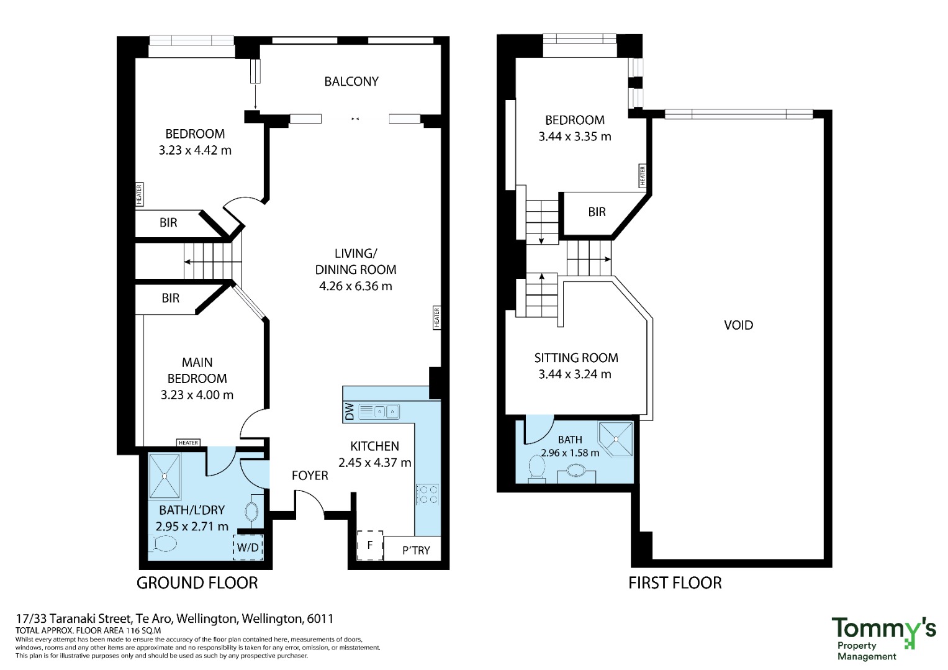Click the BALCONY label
click(x=351, y=81)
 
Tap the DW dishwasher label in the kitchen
click(x=350, y=412)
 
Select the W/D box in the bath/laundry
click(x=248, y=547)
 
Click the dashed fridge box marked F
click(x=370, y=545)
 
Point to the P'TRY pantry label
click(x=416, y=550)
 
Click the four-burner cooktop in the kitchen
click(x=428, y=494)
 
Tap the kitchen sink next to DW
click(x=379, y=412)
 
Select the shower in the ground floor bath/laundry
click(x=165, y=476)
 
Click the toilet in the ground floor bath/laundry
click(x=163, y=543)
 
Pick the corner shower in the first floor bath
click(x=616, y=440)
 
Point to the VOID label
click(x=739, y=325)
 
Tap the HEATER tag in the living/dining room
click(x=437, y=317)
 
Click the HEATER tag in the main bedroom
click(x=188, y=443)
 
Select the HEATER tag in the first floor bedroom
click(x=643, y=176)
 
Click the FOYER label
click(x=310, y=476)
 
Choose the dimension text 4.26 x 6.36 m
click(x=356, y=286)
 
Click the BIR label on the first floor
click(x=597, y=212)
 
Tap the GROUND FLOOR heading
click(x=197, y=583)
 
